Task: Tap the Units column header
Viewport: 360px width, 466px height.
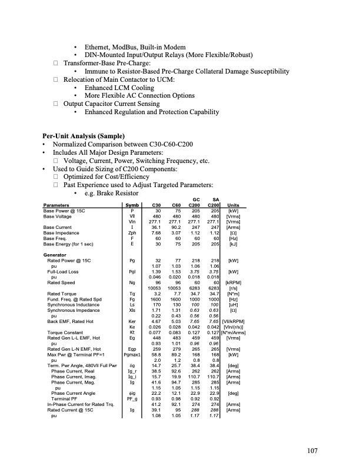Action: [233, 205]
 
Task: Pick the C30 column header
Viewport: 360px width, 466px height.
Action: [156, 205]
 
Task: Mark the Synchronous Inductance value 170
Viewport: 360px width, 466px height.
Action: [157, 305]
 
